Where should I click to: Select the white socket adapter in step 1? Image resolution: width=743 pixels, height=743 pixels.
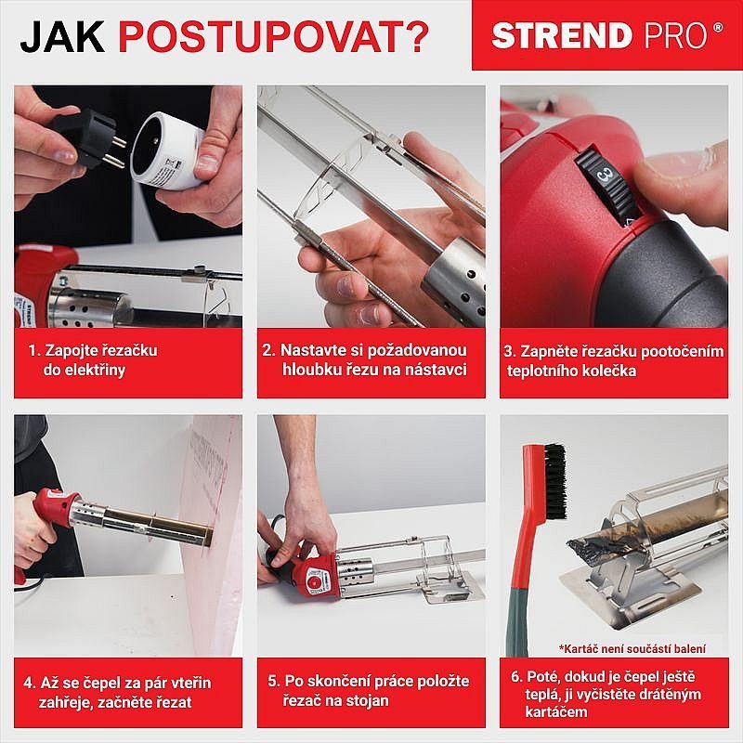167,144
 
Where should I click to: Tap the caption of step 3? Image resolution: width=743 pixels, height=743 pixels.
613,361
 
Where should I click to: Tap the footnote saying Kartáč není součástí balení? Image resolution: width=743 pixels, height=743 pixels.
632,647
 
